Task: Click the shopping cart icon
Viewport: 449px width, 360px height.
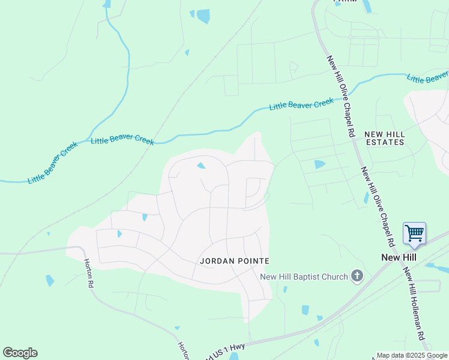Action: pos(414,233)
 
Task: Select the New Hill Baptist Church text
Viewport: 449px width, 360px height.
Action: pos(304,277)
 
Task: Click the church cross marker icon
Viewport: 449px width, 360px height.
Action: pos(357,276)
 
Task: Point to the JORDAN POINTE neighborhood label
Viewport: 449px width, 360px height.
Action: pos(235,261)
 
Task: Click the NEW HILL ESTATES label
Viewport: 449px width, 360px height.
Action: pos(384,138)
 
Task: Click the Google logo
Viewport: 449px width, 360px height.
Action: pos(20,353)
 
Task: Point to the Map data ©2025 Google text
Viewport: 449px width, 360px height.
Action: pos(412,355)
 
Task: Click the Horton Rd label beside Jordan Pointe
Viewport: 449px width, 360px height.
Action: pos(88,273)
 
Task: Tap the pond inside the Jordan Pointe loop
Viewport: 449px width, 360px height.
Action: pos(201,166)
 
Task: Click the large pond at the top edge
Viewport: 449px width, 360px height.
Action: pos(203,16)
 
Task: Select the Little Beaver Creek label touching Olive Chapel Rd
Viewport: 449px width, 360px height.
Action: pos(301,104)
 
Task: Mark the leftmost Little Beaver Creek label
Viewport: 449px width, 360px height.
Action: pos(52,163)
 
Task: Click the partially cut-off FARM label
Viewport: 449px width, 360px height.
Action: pos(345,2)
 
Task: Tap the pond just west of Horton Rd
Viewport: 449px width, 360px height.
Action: pos(50,280)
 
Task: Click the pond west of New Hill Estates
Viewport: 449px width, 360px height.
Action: pos(319,164)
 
